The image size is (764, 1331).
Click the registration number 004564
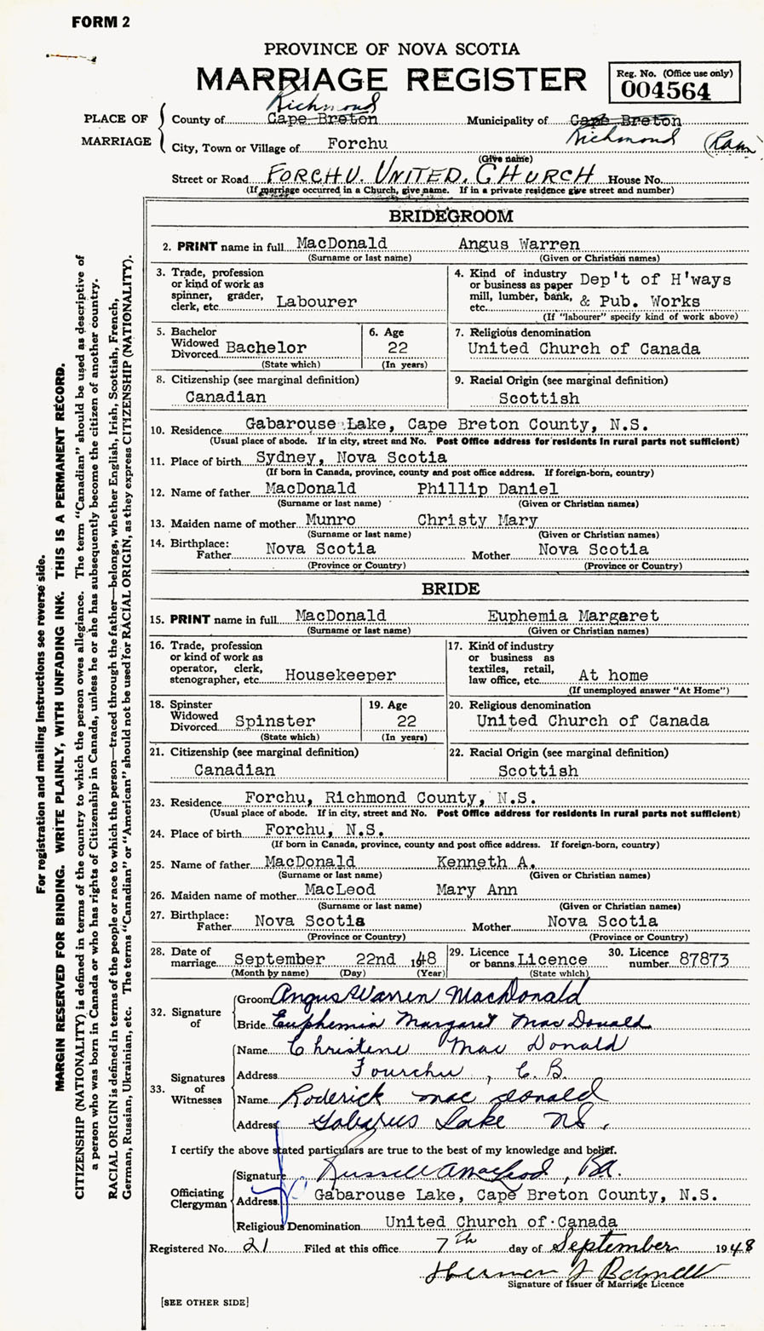coord(665,90)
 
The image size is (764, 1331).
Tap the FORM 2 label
coord(101,23)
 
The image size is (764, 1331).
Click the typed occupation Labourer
coord(317,301)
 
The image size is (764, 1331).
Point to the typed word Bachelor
coord(264,348)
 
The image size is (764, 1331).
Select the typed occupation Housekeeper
coord(340,675)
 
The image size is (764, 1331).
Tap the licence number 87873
coord(704,959)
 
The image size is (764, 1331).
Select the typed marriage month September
coord(279,959)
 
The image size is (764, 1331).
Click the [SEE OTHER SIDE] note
coord(204,1302)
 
